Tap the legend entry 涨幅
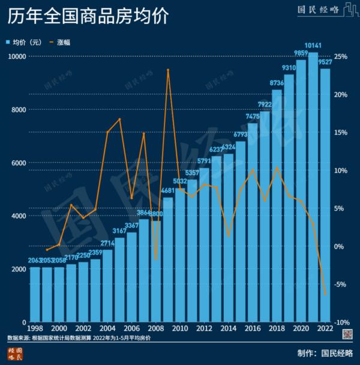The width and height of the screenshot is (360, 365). point(64,42)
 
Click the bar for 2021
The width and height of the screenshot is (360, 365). point(313,187)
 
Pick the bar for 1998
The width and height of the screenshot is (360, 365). point(35,294)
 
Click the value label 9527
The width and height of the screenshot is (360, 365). point(326,62)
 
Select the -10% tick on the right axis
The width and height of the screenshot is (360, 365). point(343,322)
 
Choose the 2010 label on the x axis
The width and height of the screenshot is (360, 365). point(180,330)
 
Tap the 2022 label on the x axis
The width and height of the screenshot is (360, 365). point(325,330)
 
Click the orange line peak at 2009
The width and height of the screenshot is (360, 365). point(168,70)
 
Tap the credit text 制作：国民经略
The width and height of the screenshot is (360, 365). point(325,352)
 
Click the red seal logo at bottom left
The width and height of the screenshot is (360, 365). point(15,353)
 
